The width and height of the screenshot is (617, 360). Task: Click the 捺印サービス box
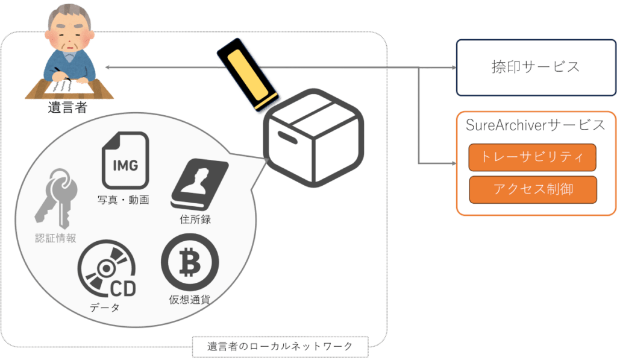(x=536, y=67)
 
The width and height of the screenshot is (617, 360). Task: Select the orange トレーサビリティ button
(x=532, y=157)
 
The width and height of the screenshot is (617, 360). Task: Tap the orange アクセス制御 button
(x=533, y=189)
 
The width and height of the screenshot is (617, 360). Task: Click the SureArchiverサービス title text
(x=536, y=125)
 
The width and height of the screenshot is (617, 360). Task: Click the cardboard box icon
(x=313, y=138)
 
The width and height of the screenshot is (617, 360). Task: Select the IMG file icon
(x=126, y=160)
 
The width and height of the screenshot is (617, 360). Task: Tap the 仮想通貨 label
(x=189, y=299)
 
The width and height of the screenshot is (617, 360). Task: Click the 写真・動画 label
(x=123, y=200)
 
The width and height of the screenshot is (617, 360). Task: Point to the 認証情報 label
(x=55, y=238)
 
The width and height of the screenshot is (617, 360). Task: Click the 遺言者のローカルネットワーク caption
(x=280, y=347)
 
